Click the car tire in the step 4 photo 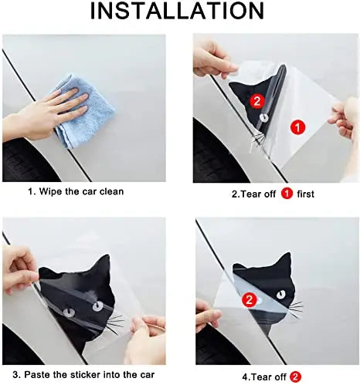212,343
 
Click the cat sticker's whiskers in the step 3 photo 114,323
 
